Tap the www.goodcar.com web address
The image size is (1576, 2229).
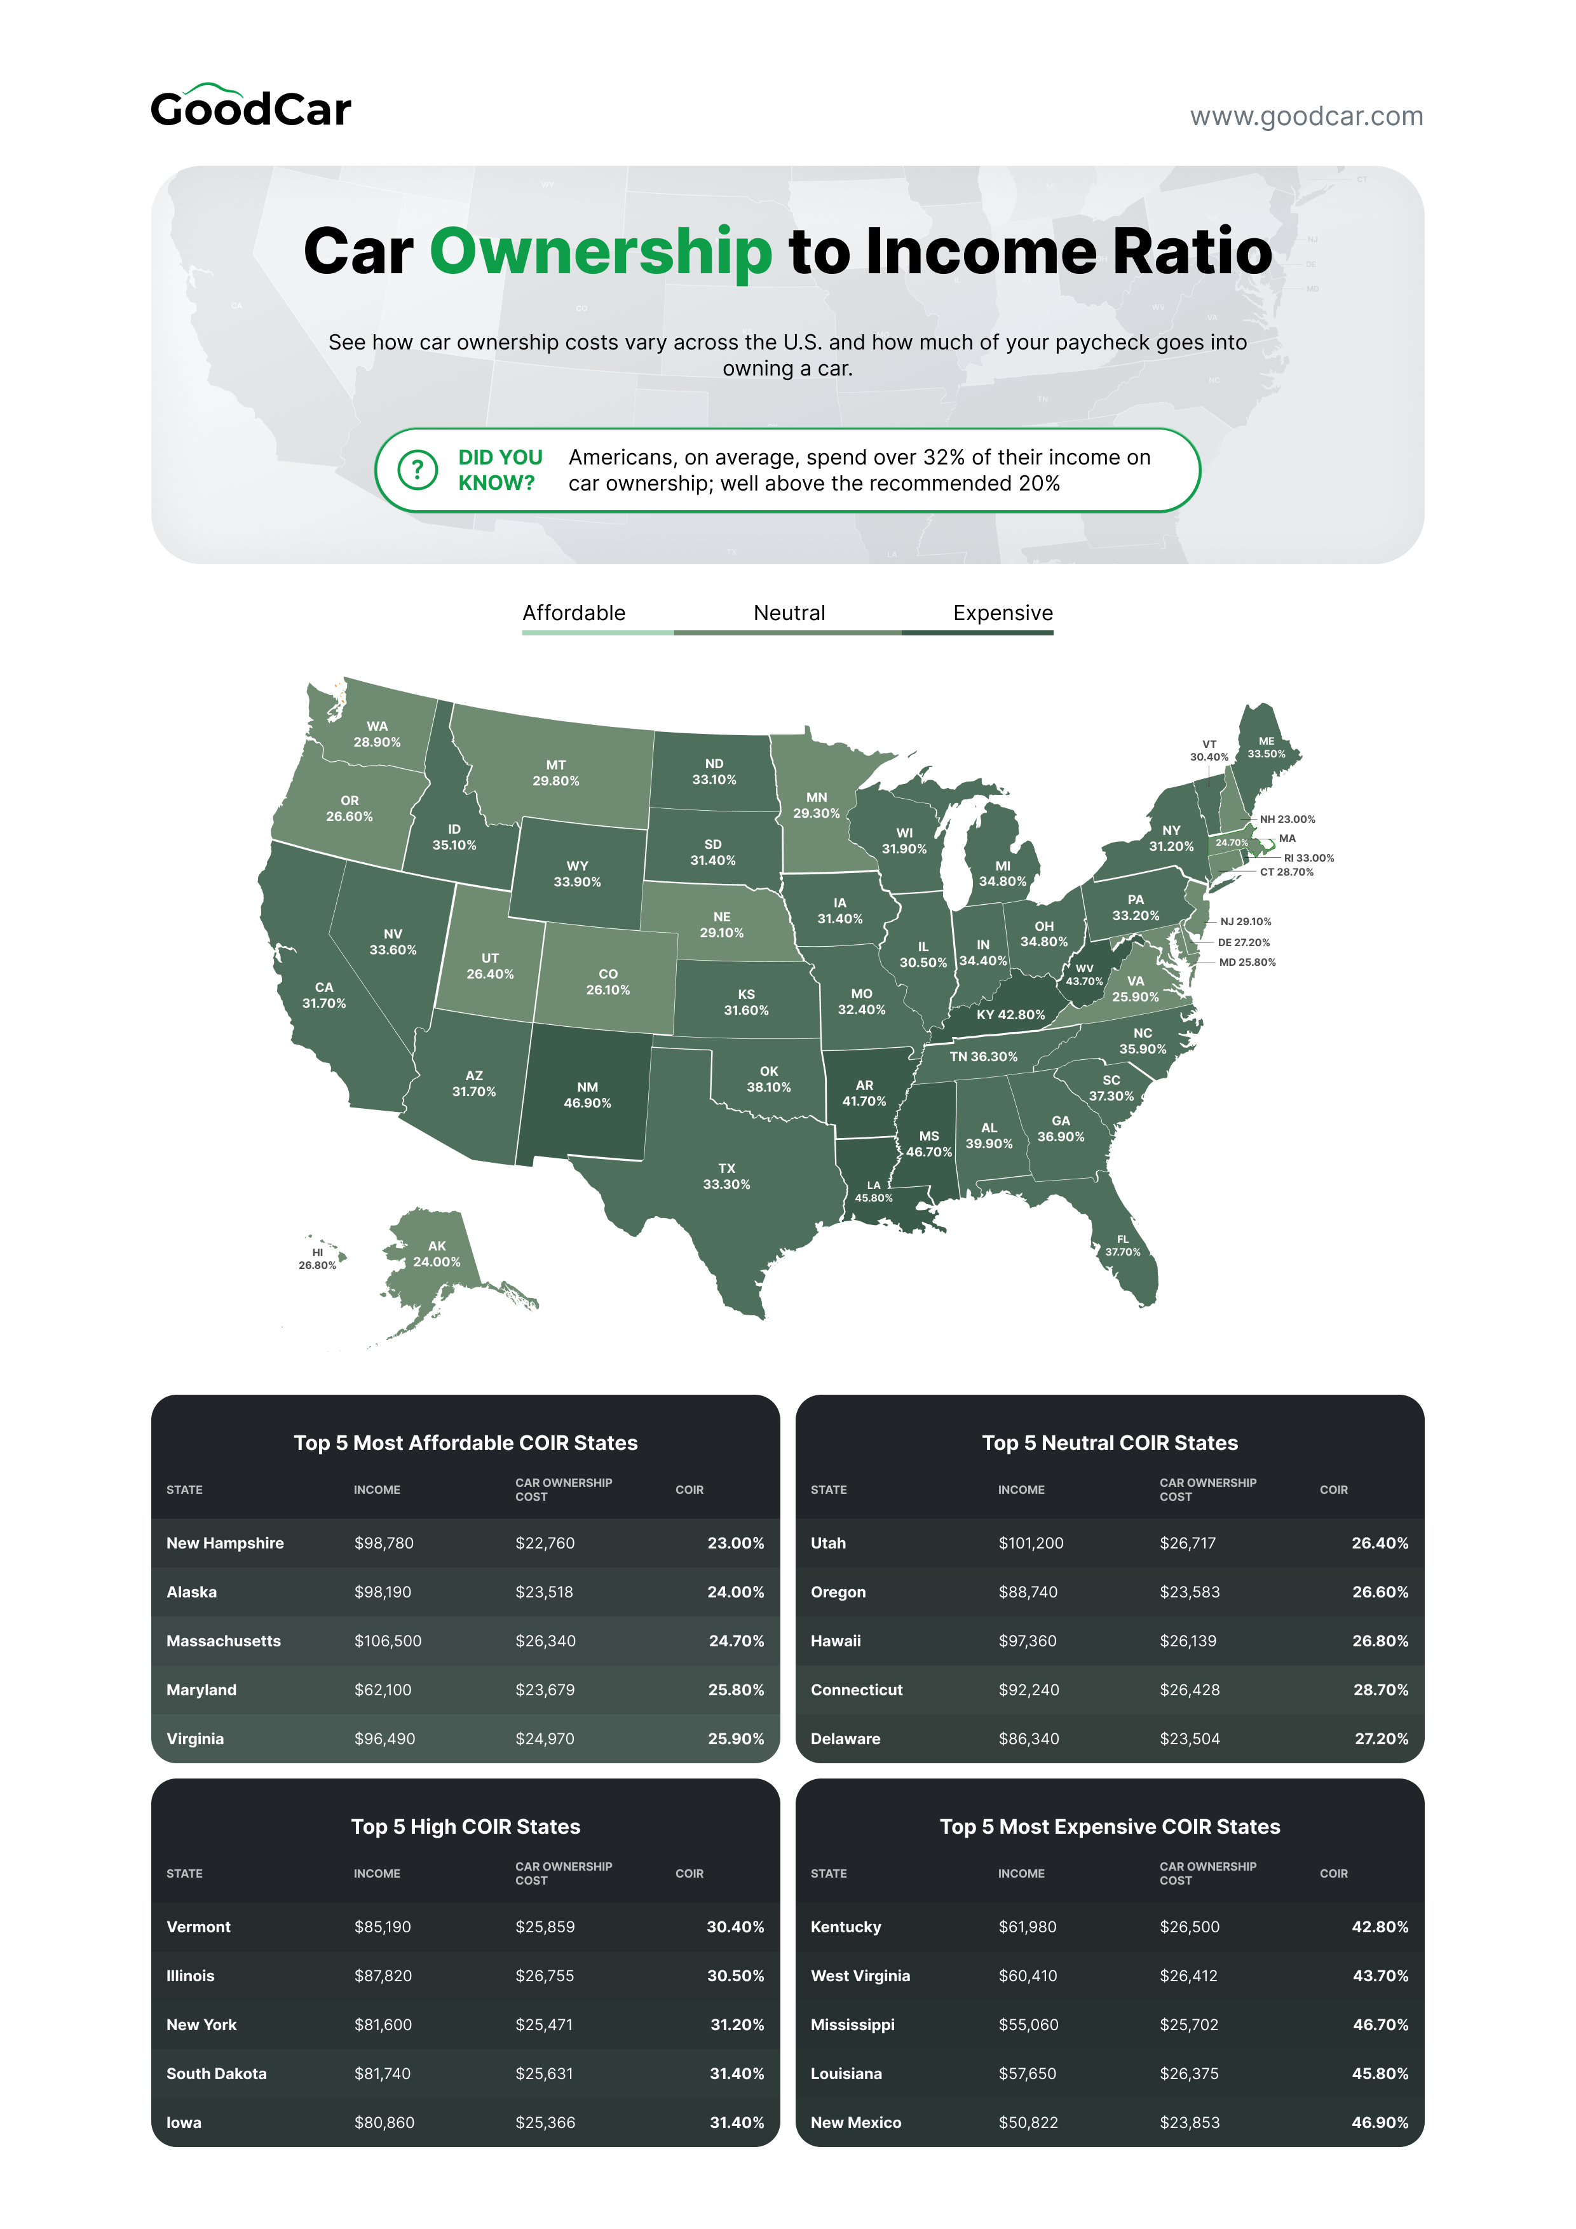coord(1306,116)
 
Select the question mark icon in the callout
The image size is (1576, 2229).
coord(418,470)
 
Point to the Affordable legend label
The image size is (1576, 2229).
coord(574,613)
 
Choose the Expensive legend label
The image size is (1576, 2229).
coord(1002,613)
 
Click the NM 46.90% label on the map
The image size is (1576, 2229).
coord(587,1095)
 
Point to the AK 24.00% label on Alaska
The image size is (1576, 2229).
coord(437,1253)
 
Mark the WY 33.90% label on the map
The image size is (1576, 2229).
coord(577,874)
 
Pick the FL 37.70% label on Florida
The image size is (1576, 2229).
coord(1122,1245)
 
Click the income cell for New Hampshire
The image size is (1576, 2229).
coord(384,1543)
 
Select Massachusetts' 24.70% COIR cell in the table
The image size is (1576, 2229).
coord(736,1641)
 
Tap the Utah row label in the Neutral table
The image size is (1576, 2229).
coord(828,1543)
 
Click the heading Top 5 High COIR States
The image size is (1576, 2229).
coord(465,1826)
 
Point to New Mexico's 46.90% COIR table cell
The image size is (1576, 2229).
coord(1379,2122)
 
